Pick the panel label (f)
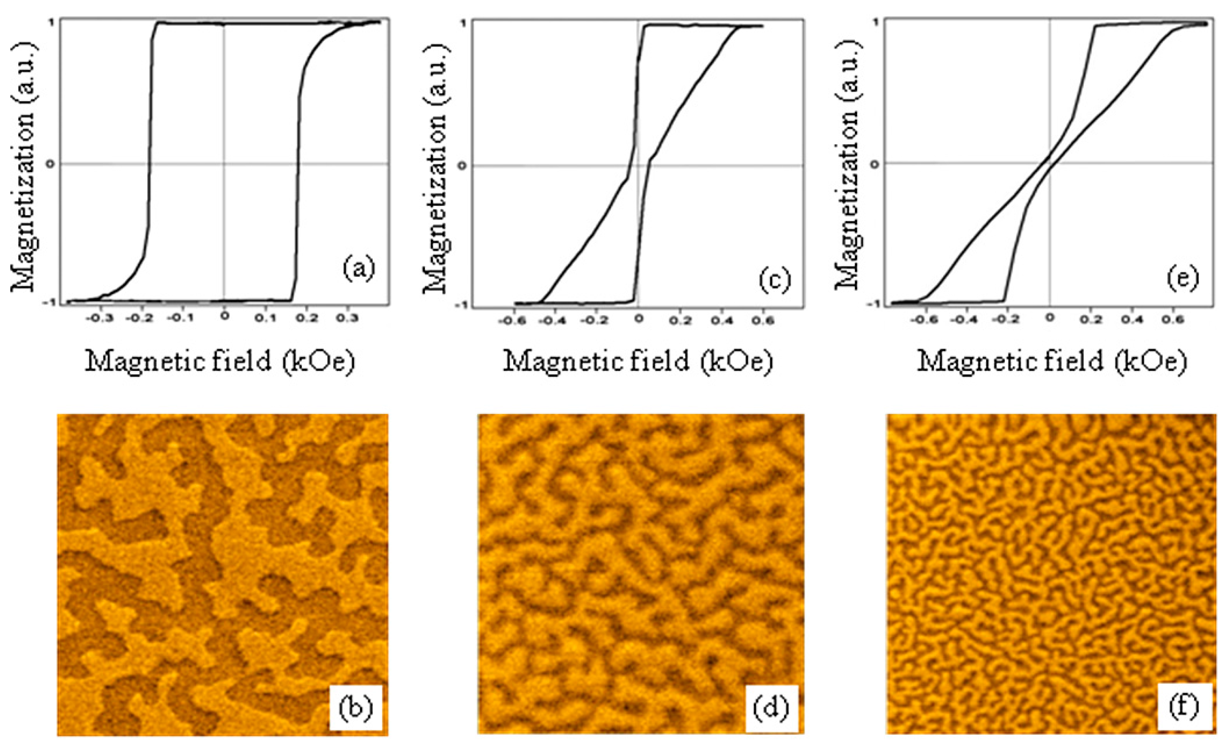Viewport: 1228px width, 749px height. point(1184,708)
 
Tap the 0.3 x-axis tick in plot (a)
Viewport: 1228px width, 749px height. point(347,319)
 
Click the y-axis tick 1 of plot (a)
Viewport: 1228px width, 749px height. point(52,22)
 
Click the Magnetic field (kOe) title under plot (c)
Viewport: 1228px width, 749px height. point(638,361)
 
